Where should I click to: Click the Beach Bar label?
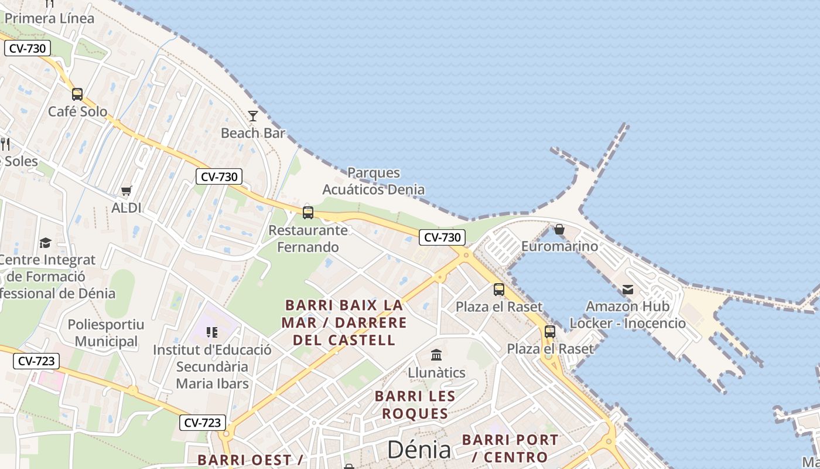click(x=253, y=133)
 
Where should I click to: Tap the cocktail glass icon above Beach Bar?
click(x=253, y=116)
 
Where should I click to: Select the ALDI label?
click(x=127, y=208)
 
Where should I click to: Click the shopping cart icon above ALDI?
click(x=126, y=191)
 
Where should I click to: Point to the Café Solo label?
click(x=78, y=111)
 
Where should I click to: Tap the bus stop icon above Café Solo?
click(x=77, y=94)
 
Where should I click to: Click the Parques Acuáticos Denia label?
click(x=374, y=181)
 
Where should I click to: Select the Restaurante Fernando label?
click(x=308, y=239)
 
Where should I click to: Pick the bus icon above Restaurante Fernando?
click(x=308, y=213)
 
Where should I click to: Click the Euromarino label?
click(x=560, y=246)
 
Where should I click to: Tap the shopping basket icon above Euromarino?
click(x=559, y=229)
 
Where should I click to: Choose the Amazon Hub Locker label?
click(x=628, y=315)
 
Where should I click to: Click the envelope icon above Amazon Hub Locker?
click(x=628, y=290)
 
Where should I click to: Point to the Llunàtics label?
click(x=436, y=372)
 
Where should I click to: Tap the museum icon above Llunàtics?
click(x=436, y=355)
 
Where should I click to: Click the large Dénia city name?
click(x=419, y=450)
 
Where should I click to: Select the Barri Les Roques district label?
click(x=415, y=405)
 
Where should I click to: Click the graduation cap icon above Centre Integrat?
click(x=45, y=243)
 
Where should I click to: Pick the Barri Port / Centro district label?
click(x=510, y=448)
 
